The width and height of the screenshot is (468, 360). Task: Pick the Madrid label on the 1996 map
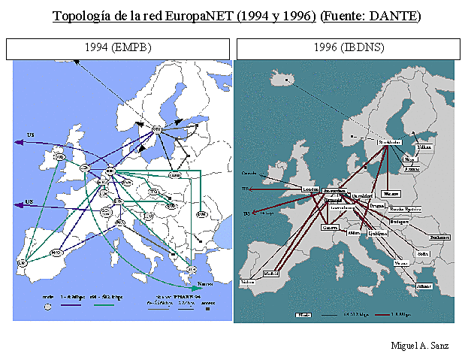pyautogui.click(x=274, y=274)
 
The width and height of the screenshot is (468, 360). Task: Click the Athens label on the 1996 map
pyautogui.click(x=424, y=286)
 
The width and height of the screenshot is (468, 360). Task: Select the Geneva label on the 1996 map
pyautogui.click(x=329, y=227)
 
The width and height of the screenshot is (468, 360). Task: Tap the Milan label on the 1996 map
pyautogui.click(x=355, y=234)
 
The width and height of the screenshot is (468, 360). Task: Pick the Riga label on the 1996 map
pyautogui.click(x=409, y=159)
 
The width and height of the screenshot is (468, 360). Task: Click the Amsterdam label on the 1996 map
pyautogui.click(x=333, y=192)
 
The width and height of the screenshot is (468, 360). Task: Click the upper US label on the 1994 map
pyautogui.click(x=31, y=136)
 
